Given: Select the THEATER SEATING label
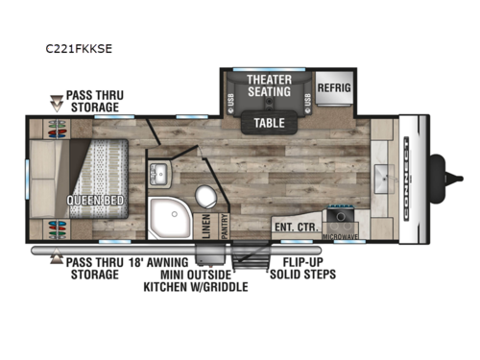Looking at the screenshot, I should [x=269, y=84].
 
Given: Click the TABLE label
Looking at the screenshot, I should [x=269, y=122].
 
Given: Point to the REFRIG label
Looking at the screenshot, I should [x=335, y=84].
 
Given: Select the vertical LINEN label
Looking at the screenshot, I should [x=206, y=225].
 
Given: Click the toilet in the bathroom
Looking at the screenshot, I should [x=204, y=196].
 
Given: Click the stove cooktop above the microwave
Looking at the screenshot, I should [x=339, y=218].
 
